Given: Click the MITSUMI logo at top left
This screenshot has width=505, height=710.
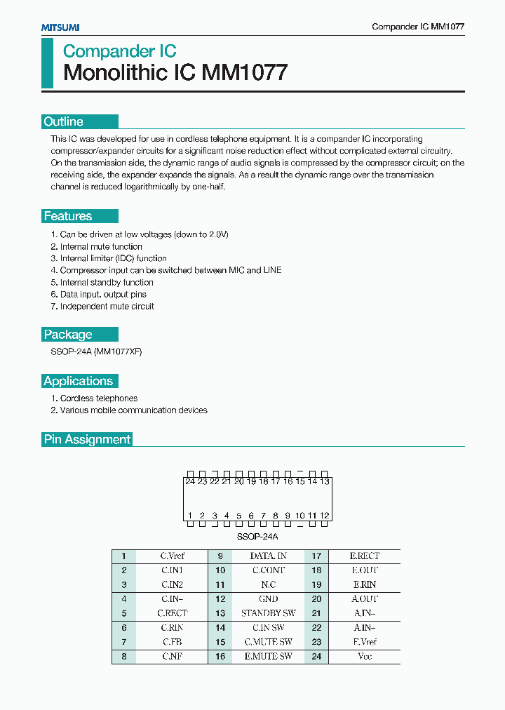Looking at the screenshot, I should click(60, 27).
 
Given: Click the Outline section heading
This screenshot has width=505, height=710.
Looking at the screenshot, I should click(64, 121).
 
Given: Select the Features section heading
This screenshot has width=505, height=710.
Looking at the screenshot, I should click(68, 216).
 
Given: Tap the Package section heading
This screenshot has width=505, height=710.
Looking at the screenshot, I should click(68, 335).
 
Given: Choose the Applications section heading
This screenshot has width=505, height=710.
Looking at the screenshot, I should click(78, 381).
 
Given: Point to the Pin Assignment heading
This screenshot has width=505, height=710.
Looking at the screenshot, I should click(87, 439).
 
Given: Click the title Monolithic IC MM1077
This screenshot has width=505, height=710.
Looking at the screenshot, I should click(175, 73).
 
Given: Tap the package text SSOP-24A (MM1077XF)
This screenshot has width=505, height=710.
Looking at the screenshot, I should click(96, 351).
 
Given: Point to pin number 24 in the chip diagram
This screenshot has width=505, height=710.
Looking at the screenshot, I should click(190, 481).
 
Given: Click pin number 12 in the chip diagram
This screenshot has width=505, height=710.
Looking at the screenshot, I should click(324, 516).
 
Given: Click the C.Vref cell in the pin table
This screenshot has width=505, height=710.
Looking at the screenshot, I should click(173, 556).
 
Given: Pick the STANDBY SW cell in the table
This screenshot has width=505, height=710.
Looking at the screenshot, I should click(269, 613).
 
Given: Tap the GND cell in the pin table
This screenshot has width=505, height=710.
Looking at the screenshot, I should click(269, 599).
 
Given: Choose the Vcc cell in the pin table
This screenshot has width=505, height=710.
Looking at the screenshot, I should click(365, 657).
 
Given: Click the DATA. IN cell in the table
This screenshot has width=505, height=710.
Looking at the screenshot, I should click(269, 556).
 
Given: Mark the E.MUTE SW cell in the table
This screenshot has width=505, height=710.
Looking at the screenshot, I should click(269, 657).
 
